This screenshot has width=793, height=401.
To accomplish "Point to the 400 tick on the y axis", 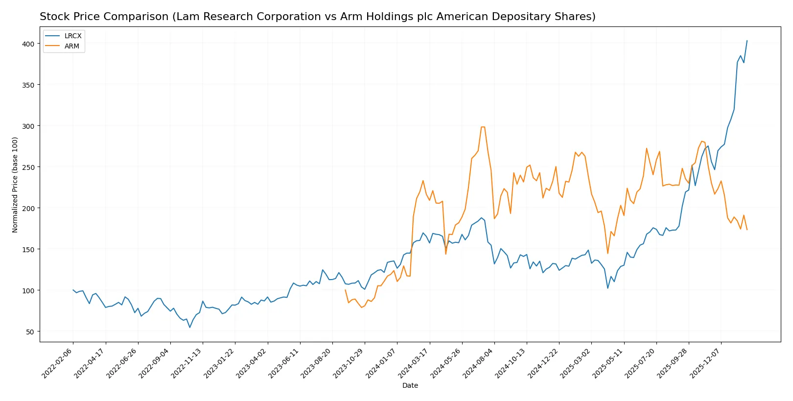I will pos(28,44).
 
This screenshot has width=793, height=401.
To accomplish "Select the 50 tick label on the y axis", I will pos(30,332).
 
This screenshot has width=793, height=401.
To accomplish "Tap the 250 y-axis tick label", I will pos(28,167).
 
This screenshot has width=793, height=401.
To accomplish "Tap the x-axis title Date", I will pos(410,386).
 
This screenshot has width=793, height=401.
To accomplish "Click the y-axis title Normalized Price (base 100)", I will pos(15,185).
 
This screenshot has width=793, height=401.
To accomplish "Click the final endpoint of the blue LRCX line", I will pos(747,41).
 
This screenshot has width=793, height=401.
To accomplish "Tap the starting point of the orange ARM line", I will pos(345,290).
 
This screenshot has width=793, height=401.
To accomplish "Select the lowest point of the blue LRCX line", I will pos(190,327).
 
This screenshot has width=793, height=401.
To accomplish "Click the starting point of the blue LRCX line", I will pos(73,290).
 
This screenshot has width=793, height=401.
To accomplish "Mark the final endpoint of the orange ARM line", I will pos(747,230).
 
